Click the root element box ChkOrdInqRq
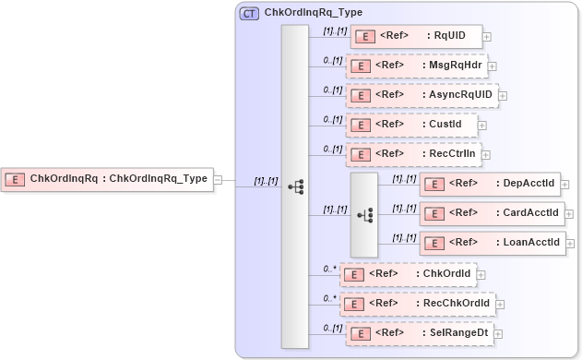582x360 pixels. [107, 179]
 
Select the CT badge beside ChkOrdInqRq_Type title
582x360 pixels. [249, 14]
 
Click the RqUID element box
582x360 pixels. [416, 37]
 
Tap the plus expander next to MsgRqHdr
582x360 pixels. [493, 66]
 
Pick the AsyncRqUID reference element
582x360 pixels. [422, 95]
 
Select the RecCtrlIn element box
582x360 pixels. [412, 154]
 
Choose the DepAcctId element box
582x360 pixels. [490, 184]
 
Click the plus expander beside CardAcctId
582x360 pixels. [572, 214]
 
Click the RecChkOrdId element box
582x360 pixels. [417, 304]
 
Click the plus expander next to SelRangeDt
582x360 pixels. [498, 334]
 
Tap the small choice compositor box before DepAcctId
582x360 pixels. [364, 214]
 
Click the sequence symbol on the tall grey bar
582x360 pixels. [295, 186]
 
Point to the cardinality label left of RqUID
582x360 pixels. [333, 30]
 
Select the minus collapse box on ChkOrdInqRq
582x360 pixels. [219, 179]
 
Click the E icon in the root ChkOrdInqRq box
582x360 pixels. [14, 179]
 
